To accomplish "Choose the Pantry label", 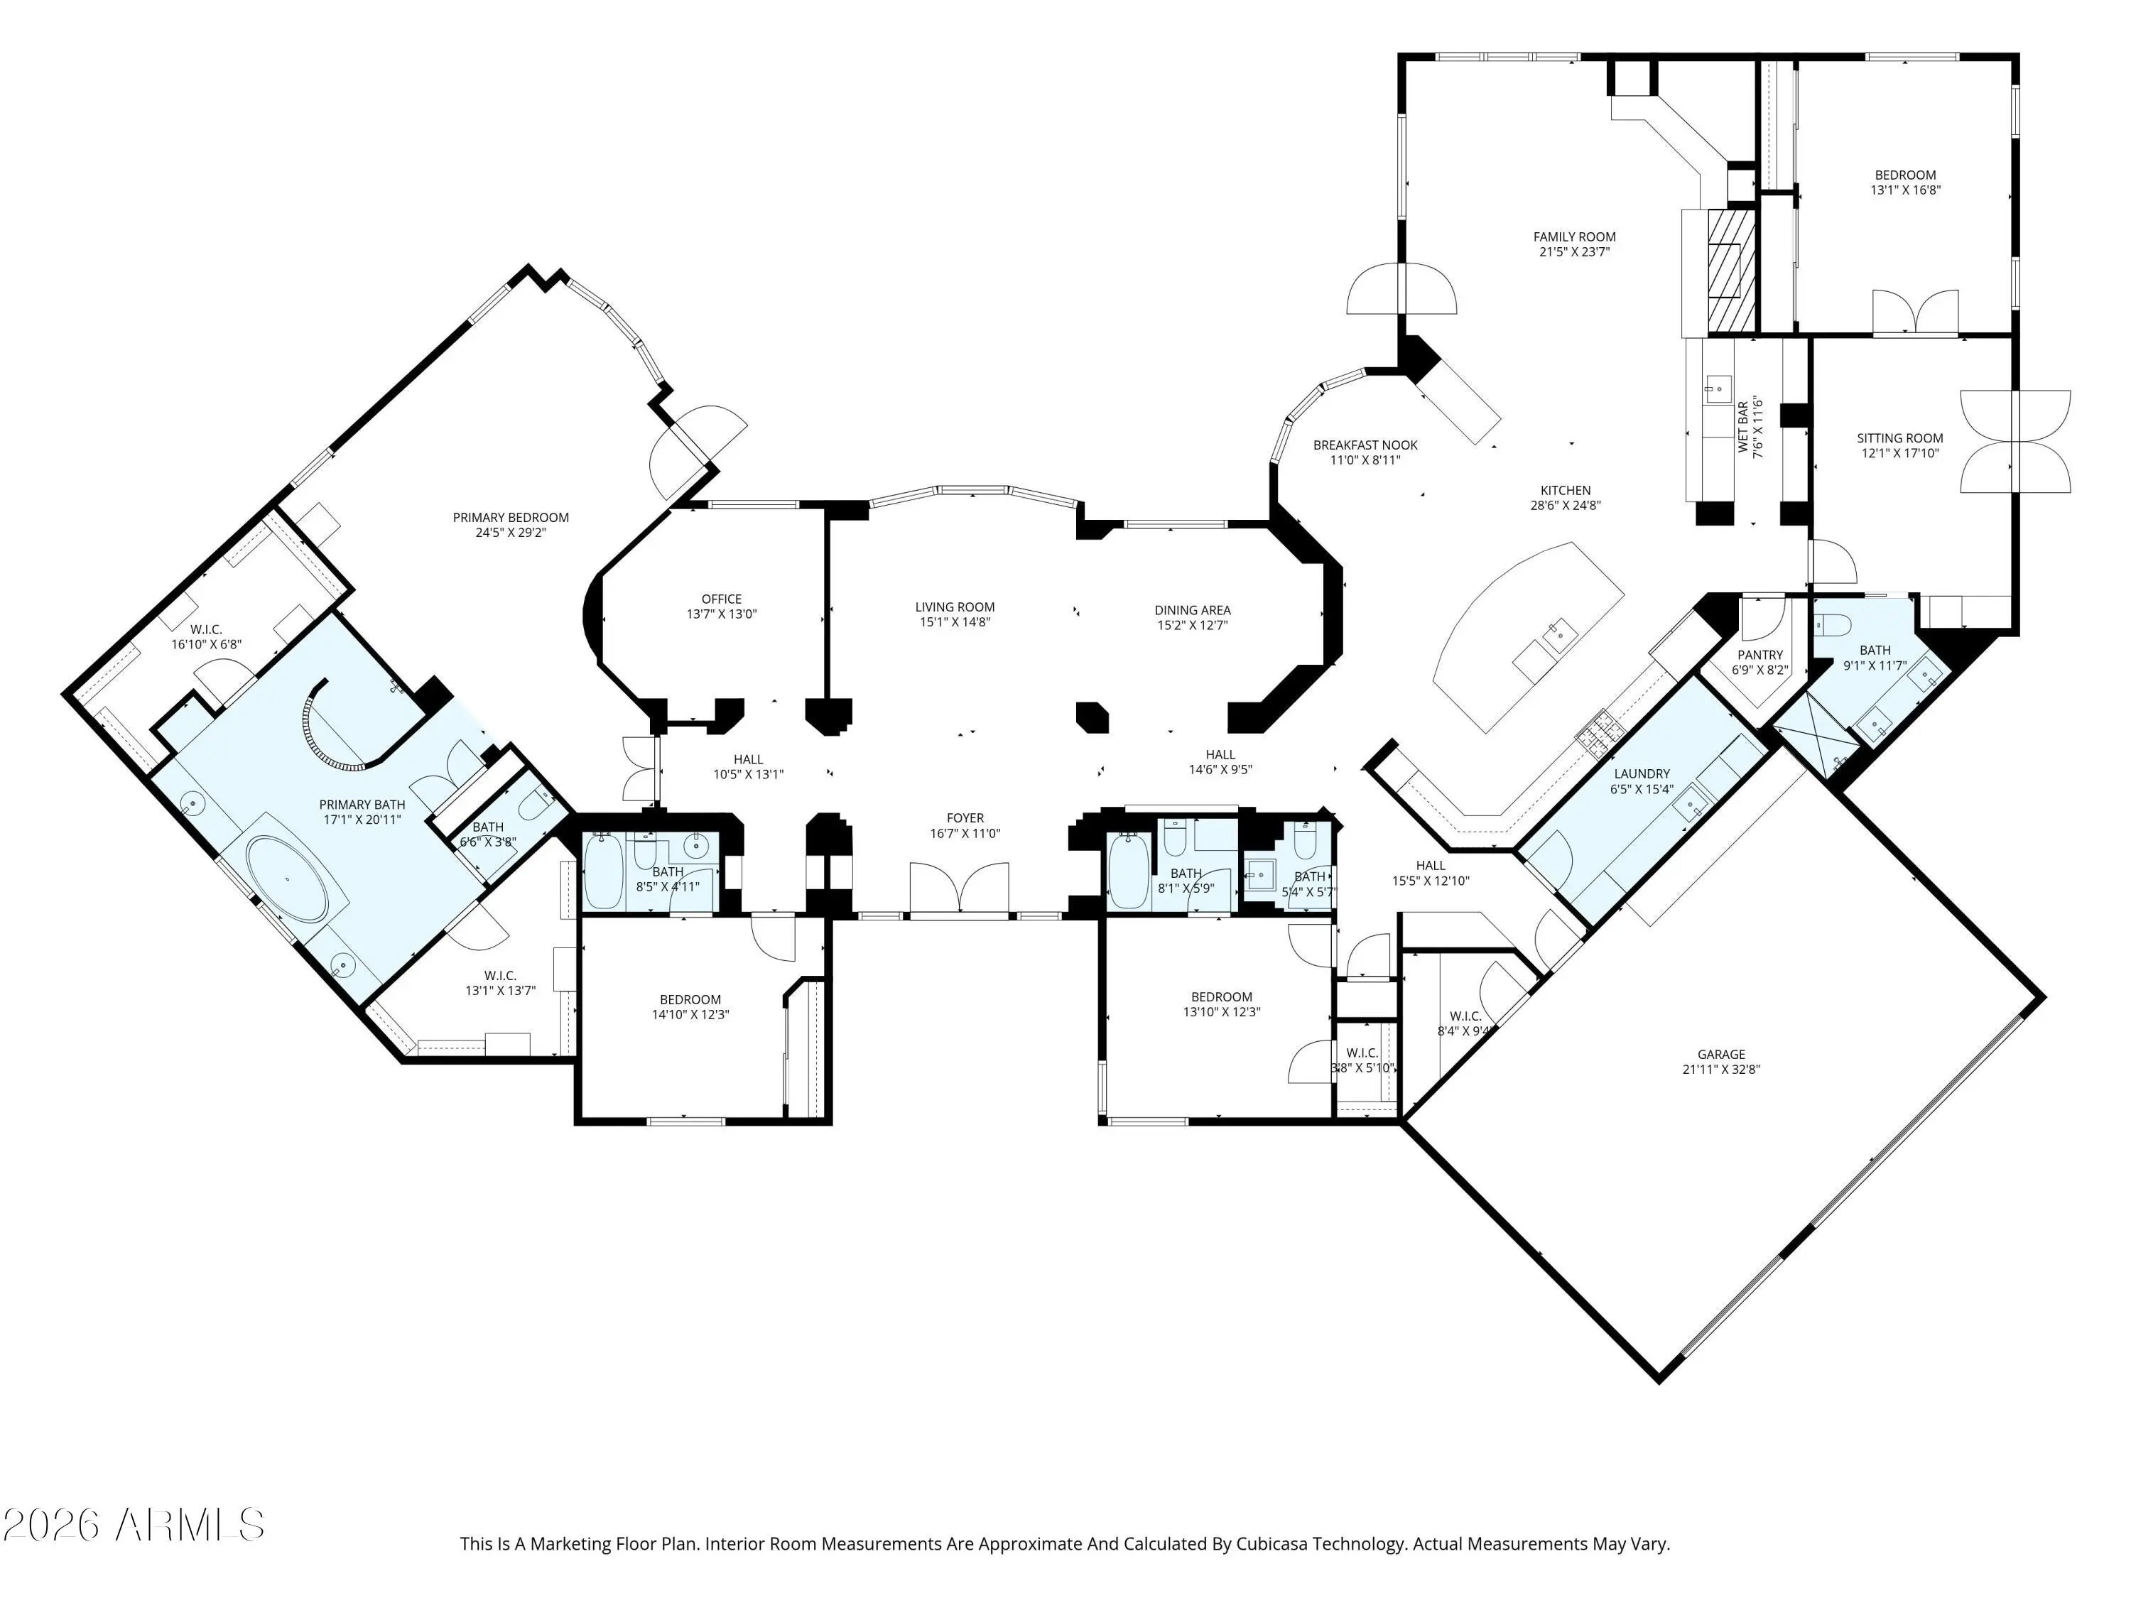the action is tap(1760, 655).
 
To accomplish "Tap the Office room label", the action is tap(722, 599).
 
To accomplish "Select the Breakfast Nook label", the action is tap(1365, 445).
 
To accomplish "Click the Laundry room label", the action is tap(1642, 773).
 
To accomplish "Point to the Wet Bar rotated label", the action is tap(1742, 428).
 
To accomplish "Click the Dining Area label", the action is tap(1193, 609).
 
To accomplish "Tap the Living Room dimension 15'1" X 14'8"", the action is tap(955, 622).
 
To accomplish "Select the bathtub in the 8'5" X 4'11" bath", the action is tap(604, 871).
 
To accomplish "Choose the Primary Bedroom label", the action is tap(511, 517).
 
